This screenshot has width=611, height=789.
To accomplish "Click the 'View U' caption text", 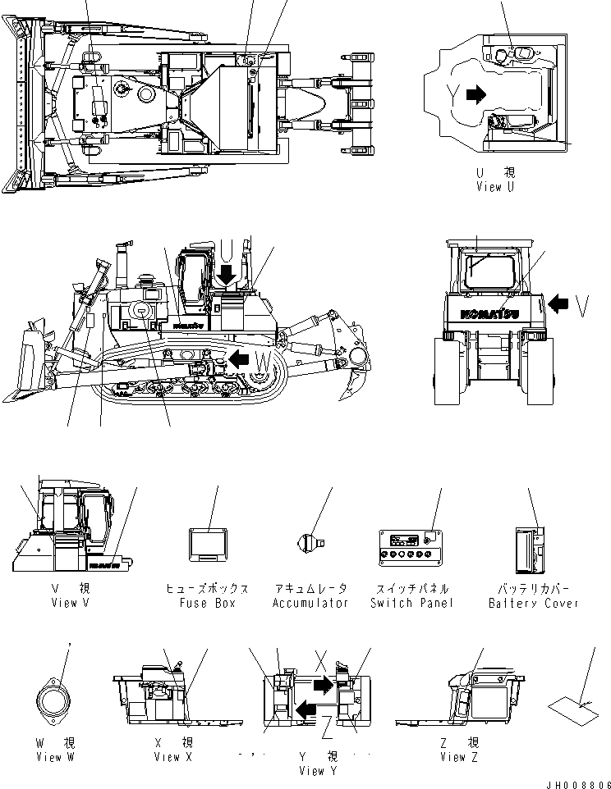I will (495, 187).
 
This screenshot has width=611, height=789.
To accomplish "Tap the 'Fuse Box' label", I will (208, 603).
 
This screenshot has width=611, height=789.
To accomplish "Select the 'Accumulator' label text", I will (310, 603).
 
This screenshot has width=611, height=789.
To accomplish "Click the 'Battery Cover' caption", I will (533, 603).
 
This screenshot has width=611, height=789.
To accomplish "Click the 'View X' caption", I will (173, 757).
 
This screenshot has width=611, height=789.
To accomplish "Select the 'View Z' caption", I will (453, 757).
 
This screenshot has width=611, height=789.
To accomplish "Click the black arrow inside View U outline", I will (475, 95).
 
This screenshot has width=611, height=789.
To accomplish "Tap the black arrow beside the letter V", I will (558, 304).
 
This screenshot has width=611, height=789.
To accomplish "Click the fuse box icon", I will (207, 545).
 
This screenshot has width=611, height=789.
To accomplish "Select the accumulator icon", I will (310, 540).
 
